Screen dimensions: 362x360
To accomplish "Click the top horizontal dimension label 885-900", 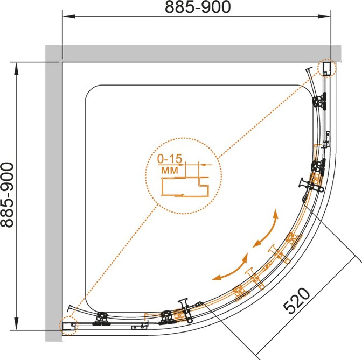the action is (198, 7).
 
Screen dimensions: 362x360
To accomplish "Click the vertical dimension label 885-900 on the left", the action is (7, 195).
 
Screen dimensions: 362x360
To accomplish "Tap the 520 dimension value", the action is (297, 300).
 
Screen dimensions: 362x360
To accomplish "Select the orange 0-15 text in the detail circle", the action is (170, 158).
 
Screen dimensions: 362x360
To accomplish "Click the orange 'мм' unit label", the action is (170, 170).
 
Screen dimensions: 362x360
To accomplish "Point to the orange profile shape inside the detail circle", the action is (185, 187).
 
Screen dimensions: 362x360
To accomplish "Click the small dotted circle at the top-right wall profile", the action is (326, 68).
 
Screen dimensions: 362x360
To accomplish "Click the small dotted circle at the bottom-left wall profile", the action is (69, 326).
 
